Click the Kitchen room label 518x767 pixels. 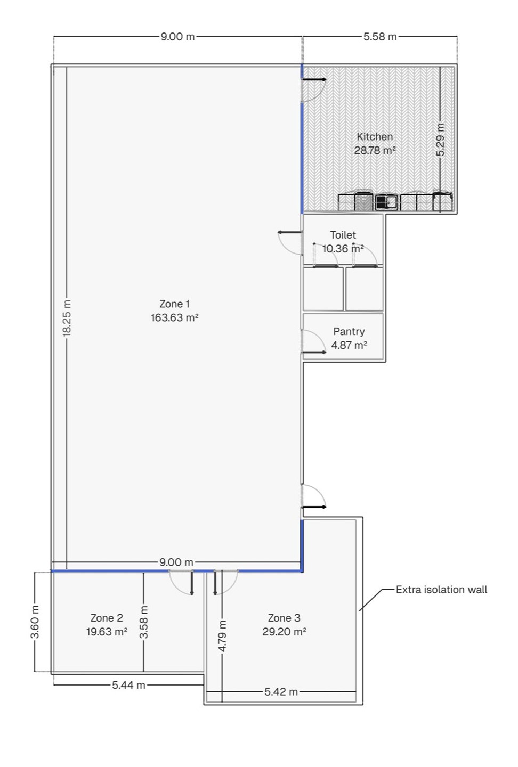click(375, 136)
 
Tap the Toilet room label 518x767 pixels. click(343, 235)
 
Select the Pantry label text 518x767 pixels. click(349, 331)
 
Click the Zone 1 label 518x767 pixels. click(174, 304)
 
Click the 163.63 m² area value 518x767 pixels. click(175, 317)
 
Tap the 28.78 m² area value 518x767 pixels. click(375, 150)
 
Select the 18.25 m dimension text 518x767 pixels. click(67, 318)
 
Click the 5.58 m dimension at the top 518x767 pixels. click(380, 36)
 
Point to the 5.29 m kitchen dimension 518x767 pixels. click(441, 140)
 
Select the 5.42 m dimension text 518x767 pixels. click(281, 692)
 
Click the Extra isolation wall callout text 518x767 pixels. click(441, 589)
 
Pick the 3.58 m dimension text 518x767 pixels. click(144, 622)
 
